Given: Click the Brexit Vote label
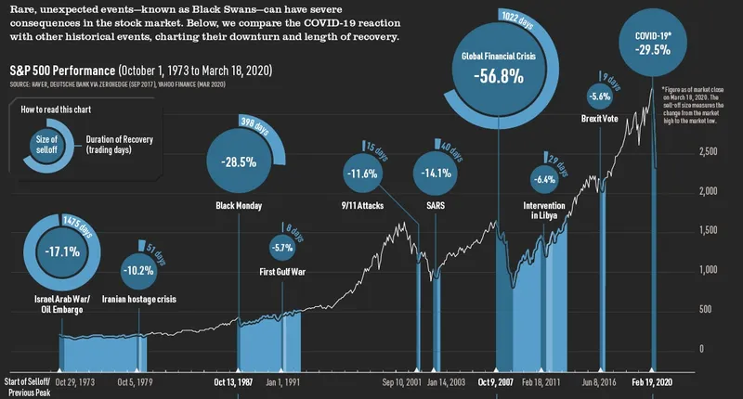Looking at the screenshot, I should point(601,118).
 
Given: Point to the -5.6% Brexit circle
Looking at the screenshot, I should point(601,96).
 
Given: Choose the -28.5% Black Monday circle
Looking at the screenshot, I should point(239,161).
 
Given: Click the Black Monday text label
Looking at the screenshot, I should point(239,206).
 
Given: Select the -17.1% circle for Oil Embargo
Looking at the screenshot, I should point(62,251).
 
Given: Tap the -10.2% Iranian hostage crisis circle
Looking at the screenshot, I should point(140,271).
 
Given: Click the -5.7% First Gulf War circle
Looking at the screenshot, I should point(281,248).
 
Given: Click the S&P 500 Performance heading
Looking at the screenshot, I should point(61,71).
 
